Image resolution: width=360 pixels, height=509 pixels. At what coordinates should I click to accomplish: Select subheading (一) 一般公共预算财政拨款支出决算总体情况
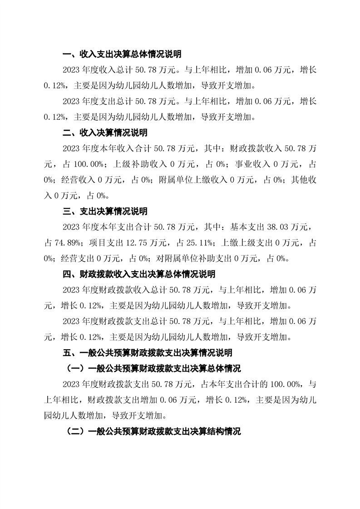[153, 368]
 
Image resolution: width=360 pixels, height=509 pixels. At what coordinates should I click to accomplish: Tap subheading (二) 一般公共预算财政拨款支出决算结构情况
[153, 431]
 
